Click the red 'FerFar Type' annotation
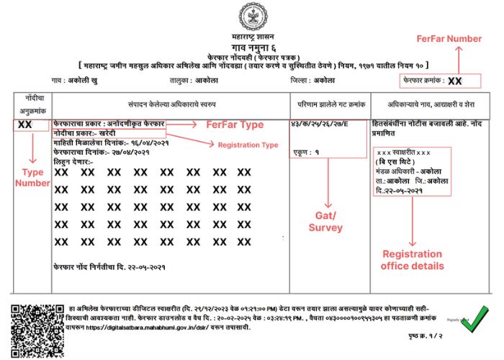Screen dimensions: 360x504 tap(235, 125)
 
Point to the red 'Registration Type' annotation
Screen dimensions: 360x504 tap(248, 145)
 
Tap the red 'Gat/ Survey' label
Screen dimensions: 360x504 tap(327, 222)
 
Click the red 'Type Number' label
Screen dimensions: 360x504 tap(29, 178)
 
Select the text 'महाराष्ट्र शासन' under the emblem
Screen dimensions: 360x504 tap(252, 35)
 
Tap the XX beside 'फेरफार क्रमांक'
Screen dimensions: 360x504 tap(455, 81)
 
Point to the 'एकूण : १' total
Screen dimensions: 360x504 tap(307, 152)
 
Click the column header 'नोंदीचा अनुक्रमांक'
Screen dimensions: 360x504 tap(32, 102)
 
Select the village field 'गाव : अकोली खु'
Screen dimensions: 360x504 tap(74, 81)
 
